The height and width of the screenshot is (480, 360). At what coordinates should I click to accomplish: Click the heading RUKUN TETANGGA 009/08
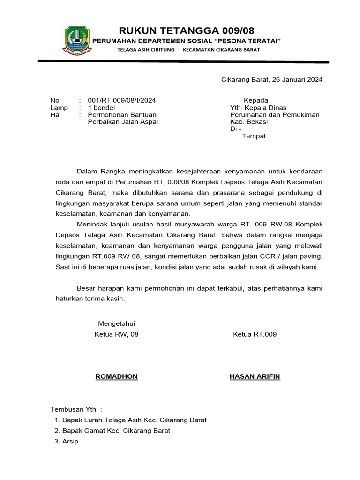[x=187, y=31]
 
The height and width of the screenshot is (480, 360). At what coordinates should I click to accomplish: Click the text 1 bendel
[x=102, y=108]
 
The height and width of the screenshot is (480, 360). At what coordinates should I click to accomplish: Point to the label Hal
[x=55, y=115]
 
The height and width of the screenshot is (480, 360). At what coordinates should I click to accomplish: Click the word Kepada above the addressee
[x=255, y=100]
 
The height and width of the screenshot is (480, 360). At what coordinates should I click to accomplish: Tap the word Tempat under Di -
[x=254, y=136]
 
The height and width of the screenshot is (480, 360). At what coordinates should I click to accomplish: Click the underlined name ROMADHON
[x=116, y=377]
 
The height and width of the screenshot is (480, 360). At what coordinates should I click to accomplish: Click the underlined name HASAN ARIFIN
[x=255, y=377]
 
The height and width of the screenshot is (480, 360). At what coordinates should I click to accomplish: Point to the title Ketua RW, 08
[x=116, y=334]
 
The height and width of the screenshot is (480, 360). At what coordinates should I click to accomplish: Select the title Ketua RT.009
[x=255, y=334]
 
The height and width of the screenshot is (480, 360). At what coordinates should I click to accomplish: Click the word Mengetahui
[x=116, y=323]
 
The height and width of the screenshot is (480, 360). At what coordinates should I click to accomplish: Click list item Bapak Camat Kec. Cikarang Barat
[x=116, y=431]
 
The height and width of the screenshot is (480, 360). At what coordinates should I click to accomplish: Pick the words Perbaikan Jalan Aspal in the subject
[x=123, y=122]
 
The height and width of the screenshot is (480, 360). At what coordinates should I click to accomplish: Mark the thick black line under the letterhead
[x=183, y=61]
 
